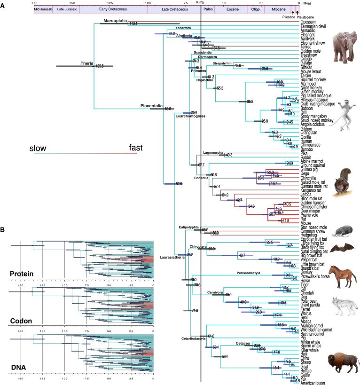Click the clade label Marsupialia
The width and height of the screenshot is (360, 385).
[115, 20]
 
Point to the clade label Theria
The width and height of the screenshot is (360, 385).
[86, 63]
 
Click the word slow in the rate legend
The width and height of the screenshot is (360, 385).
[38, 148]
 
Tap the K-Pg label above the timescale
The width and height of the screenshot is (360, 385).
[200, 2]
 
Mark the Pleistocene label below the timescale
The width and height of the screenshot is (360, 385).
[304, 18]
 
